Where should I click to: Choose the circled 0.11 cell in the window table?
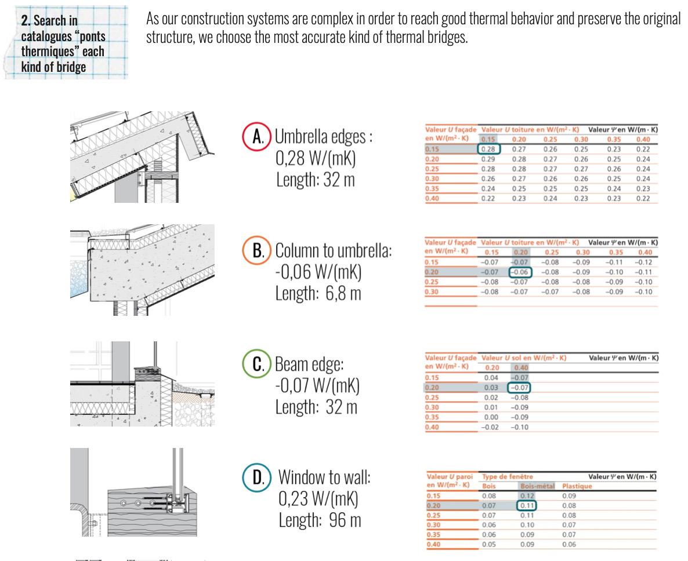pyautogui.click(x=526, y=506)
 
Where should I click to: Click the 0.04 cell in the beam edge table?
pyautogui.click(x=491, y=377)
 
